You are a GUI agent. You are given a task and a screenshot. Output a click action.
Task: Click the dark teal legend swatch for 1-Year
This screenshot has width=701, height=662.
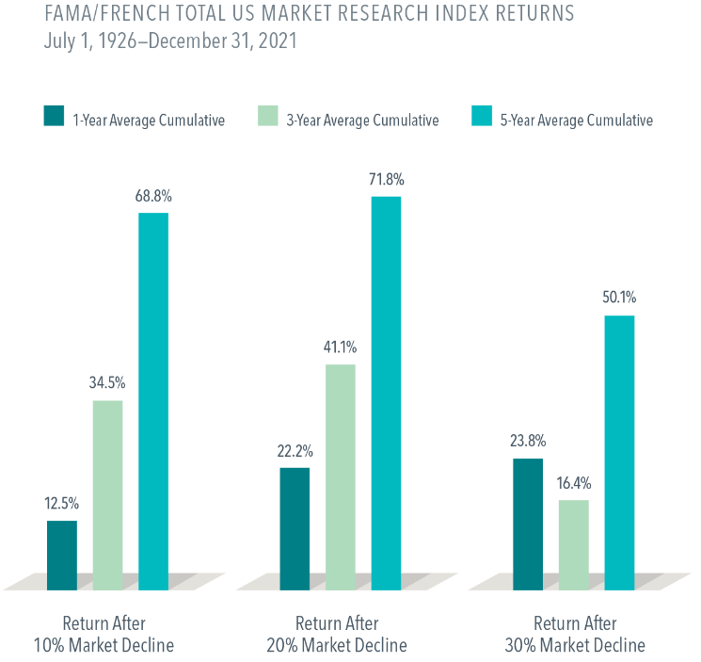pos(54,117)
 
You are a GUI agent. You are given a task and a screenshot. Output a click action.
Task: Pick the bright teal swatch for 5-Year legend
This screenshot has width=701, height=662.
pos(480,117)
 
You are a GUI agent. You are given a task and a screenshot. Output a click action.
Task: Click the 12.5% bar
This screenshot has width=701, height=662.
pos(62,555)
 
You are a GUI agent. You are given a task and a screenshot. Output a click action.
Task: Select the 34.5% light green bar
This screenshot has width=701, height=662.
pos(108,494)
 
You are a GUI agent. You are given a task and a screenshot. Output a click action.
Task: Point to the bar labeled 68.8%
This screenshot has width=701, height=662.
pos(153,400)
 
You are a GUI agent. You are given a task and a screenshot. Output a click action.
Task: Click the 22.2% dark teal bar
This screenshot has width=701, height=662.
pos(295,527)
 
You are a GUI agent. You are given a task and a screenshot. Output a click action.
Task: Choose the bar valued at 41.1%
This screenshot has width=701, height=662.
pos(341,476)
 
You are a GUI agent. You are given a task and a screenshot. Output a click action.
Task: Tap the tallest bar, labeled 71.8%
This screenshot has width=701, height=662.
pos(386,392)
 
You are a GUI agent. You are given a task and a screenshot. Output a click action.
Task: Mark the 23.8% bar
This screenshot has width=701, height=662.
pos(528,524)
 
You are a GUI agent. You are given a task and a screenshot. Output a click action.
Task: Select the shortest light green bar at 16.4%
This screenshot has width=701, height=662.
pos(573,544)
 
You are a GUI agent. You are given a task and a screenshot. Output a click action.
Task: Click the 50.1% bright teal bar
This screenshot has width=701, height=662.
pos(619,452)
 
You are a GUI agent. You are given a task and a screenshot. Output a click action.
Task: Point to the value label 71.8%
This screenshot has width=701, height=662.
pos(386,179)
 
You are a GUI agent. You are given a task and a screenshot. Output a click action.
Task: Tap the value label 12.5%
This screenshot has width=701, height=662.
pos(62,503)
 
